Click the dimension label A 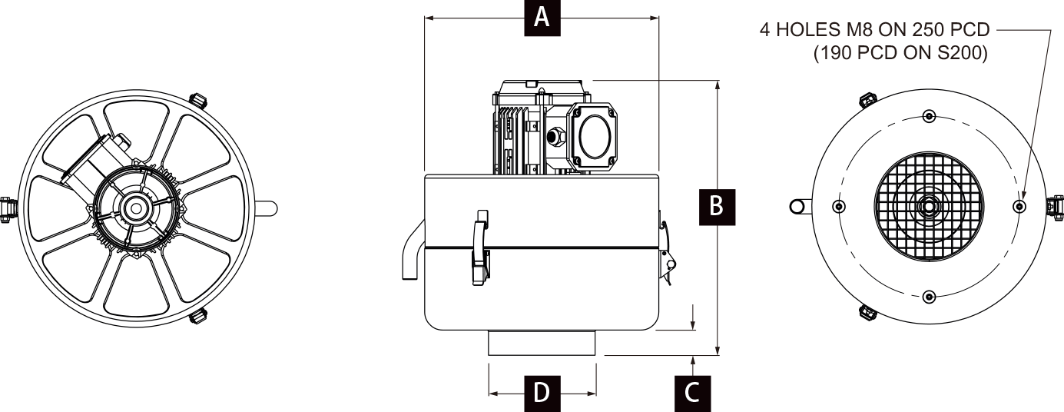click(x=542, y=17)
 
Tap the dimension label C click(x=692, y=393)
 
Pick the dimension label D click(x=542, y=393)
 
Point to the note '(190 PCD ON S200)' click(x=900, y=54)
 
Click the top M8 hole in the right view click(x=930, y=116)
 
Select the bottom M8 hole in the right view click(x=930, y=296)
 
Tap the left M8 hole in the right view click(x=839, y=206)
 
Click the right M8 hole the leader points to click(x=1019, y=206)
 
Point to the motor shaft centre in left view click(x=137, y=207)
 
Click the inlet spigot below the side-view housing click(x=542, y=342)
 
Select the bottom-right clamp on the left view click(x=198, y=314)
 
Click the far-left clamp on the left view click(x=8, y=207)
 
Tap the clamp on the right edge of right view click(x=1056, y=206)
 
